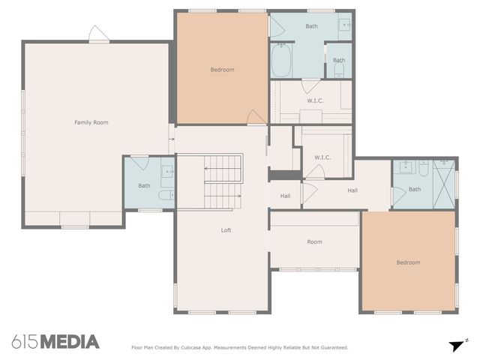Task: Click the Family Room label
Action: pyautogui.click(x=91, y=122)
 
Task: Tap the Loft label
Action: pyautogui.click(x=226, y=230)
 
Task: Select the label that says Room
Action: pyautogui.click(x=314, y=241)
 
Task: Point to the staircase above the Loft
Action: pyautogui.click(x=223, y=181)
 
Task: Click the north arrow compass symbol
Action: pyautogui.click(x=457, y=345)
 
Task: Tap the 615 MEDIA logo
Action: pyautogui.click(x=55, y=342)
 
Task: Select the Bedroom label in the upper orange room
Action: pyautogui.click(x=222, y=70)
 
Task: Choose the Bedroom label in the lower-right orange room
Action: pyautogui.click(x=408, y=262)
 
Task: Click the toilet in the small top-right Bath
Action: pyautogui.click(x=339, y=71)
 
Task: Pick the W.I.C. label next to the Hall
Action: pyautogui.click(x=322, y=157)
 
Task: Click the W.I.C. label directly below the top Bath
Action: pyautogui.click(x=314, y=100)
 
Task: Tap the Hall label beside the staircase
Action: pyautogui.click(x=285, y=196)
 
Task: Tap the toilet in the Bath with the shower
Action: pyautogui.click(x=423, y=169)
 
